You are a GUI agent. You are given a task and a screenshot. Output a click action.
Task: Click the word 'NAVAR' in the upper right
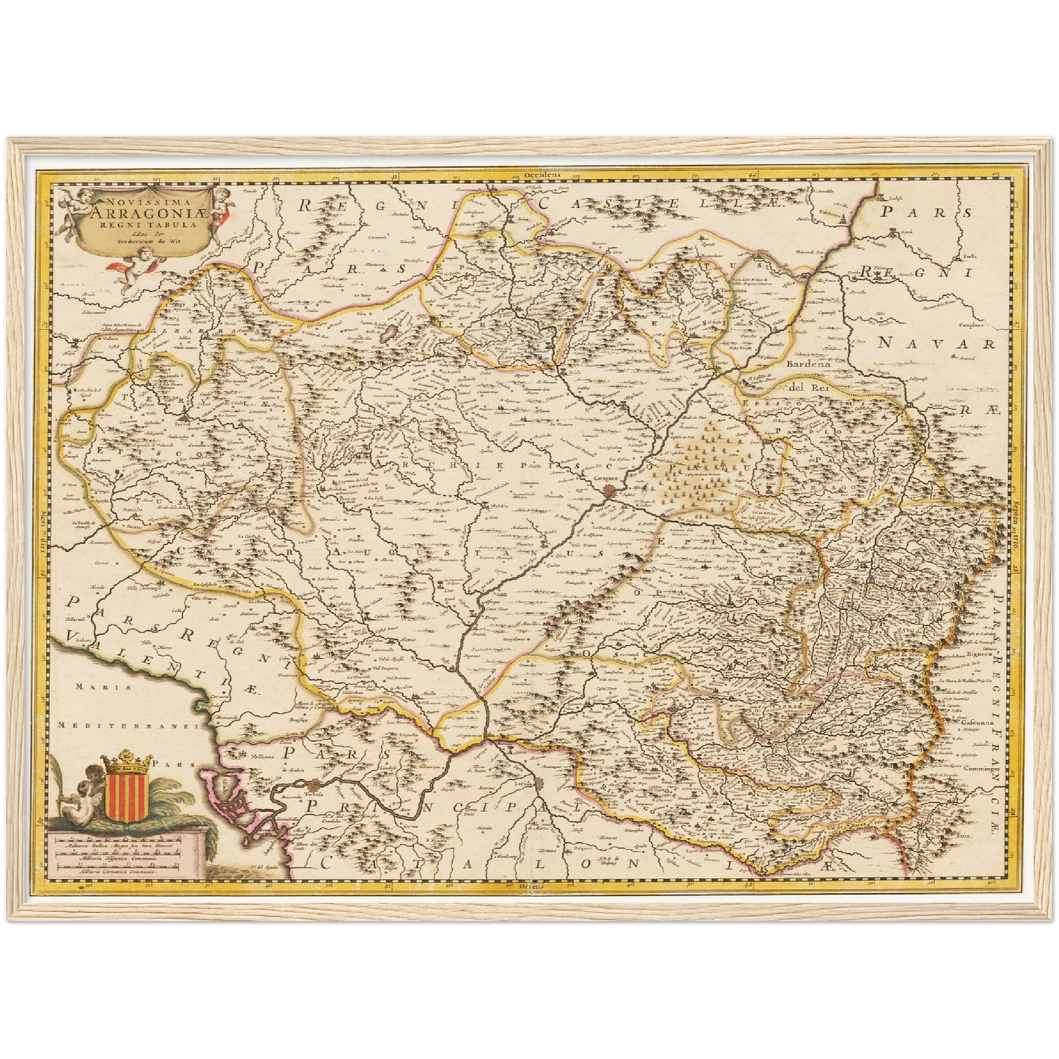(x=936, y=343)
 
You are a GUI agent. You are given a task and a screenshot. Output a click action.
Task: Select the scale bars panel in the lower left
(x=125, y=854)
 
